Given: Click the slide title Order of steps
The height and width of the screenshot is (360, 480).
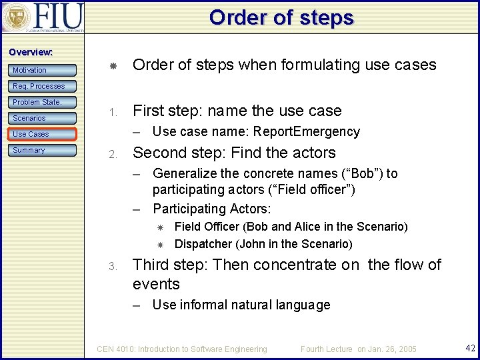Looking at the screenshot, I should [281, 17].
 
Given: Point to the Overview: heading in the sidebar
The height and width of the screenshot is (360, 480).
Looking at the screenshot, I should [30, 52].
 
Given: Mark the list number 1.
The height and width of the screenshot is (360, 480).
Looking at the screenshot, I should [113, 112].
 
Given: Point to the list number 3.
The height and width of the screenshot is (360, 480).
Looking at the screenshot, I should [113, 266].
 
